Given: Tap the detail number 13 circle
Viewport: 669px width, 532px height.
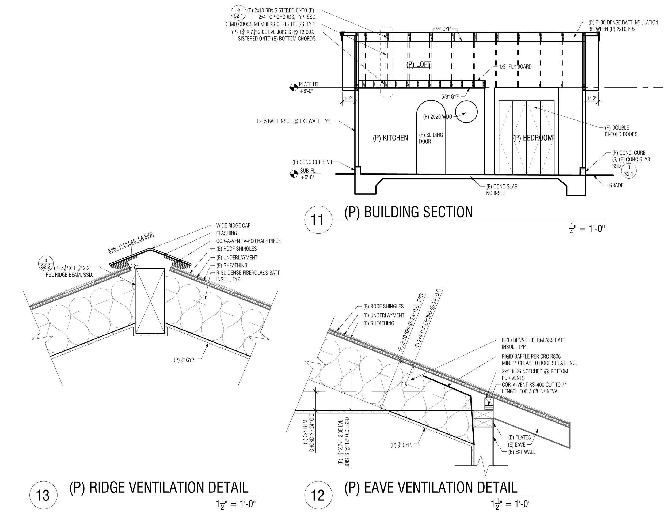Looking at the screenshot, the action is point(43,495).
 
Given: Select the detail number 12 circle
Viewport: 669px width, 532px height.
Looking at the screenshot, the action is point(317,495).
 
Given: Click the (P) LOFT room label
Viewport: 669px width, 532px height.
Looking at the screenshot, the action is point(419,65).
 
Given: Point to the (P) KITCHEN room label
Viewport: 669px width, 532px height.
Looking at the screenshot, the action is point(390,138).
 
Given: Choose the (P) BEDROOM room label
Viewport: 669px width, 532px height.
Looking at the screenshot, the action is point(533,138).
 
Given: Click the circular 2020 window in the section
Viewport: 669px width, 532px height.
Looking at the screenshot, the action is point(466,112).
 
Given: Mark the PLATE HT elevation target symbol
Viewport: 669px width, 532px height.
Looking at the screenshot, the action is point(293,88).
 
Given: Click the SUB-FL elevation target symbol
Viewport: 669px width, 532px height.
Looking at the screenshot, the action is point(293,174).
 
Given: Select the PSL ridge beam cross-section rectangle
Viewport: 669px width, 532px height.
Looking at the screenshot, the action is point(150,301).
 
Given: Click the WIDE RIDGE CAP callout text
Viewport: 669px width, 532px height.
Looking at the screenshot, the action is point(233,226).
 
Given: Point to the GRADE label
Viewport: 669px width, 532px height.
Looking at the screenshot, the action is point(616,185).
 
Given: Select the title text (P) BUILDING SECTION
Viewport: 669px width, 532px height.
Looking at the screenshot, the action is point(408,212).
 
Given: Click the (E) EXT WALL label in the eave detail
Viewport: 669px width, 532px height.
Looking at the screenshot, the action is point(522,452).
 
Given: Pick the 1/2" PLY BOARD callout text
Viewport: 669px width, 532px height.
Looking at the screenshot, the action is point(515,66).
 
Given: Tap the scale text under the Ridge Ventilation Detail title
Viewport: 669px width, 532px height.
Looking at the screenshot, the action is point(236,504).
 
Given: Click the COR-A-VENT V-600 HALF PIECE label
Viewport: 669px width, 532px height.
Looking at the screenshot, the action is point(248,241).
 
